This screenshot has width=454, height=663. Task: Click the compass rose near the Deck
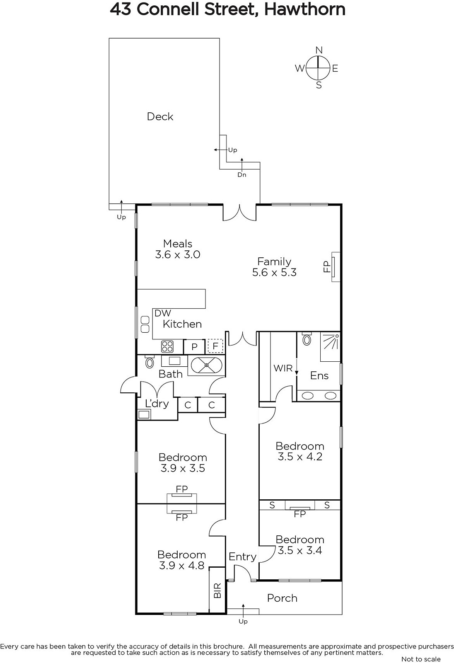pyautogui.click(x=318, y=68)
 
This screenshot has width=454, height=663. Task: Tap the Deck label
pyautogui.click(x=160, y=116)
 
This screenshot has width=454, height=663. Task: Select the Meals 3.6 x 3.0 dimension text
pyautogui.click(x=178, y=254)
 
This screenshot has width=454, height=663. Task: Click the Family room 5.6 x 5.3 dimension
pyautogui.click(x=274, y=272)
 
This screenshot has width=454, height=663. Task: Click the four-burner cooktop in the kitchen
pyautogui.click(x=167, y=346)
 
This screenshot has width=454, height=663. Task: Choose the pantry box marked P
pyautogui.click(x=194, y=346)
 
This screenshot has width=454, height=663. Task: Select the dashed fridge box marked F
pyautogui.click(x=215, y=346)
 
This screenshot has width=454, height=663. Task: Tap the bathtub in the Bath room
pyautogui.click(x=206, y=365)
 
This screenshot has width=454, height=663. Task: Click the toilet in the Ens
pyautogui.click(x=307, y=339)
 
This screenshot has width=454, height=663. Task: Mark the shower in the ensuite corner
pyautogui.click(x=330, y=346)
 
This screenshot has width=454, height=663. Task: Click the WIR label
pyautogui.click(x=283, y=368)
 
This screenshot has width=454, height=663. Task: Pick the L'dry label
pyautogui.click(x=157, y=404)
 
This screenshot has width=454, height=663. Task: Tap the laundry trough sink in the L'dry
pyautogui.click(x=144, y=414)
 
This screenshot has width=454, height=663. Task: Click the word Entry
pyautogui.click(x=242, y=557)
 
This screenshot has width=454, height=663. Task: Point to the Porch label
pyautogui.click(x=282, y=598)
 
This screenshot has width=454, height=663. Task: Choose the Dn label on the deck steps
pyautogui.click(x=242, y=175)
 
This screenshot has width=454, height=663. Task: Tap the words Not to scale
pyautogui.click(x=421, y=659)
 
